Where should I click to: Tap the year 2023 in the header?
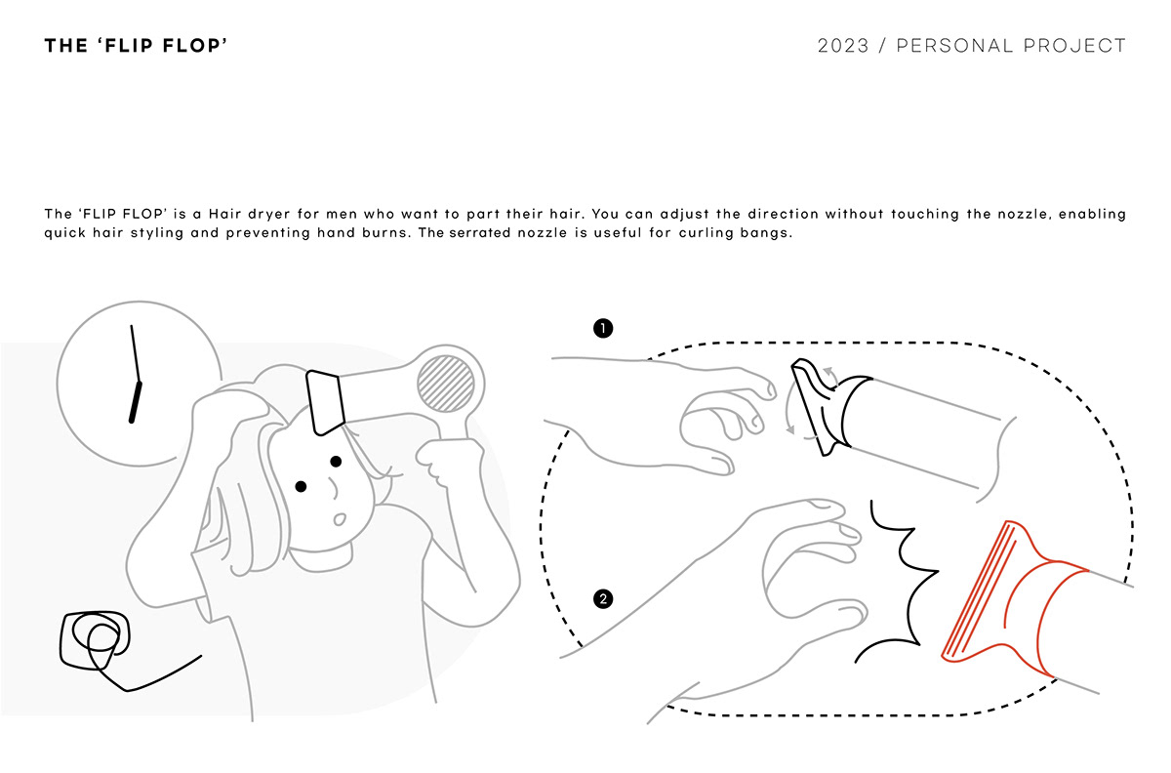(843, 46)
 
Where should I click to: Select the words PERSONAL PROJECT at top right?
(1011, 46)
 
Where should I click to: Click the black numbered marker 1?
(603, 328)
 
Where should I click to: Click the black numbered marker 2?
(603, 598)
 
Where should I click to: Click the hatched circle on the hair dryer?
(450, 384)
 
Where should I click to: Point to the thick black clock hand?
(136, 399)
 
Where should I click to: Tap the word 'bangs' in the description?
(764, 235)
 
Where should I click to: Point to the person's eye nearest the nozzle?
(335, 461)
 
